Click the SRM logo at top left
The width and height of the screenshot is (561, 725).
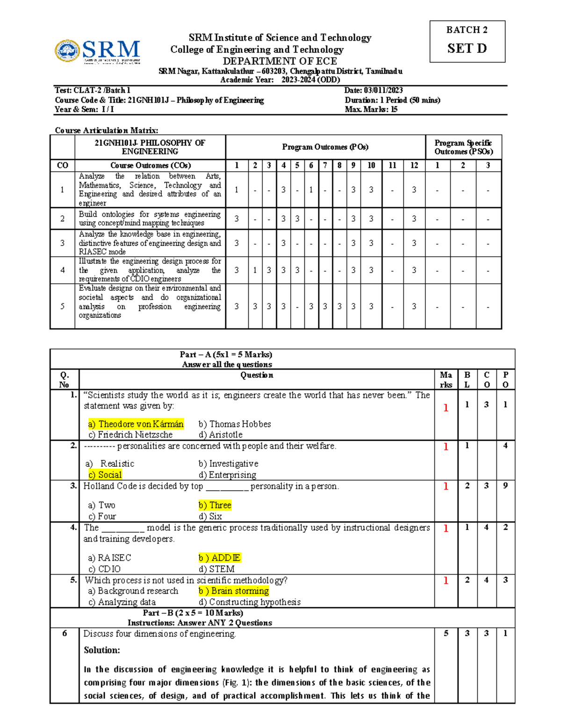click(x=97, y=51)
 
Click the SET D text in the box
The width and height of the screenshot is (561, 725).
click(x=467, y=49)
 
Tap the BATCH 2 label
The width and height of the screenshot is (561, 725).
click(x=467, y=30)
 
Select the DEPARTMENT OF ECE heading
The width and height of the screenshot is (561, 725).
click(x=280, y=61)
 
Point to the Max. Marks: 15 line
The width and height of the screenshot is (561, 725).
click(x=371, y=109)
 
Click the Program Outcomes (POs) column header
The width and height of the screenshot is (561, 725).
click(x=325, y=147)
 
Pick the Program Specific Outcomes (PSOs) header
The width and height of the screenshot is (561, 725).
click(x=463, y=147)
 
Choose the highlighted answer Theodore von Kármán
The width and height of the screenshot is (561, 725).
click(x=136, y=424)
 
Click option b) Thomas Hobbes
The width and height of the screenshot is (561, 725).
click(x=234, y=424)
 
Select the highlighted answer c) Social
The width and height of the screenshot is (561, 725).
click(x=105, y=475)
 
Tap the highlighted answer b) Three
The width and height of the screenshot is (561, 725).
click(x=215, y=505)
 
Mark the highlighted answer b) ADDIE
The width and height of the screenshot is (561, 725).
click(x=219, y=558)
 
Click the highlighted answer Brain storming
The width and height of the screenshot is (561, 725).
click(x=233, y=591)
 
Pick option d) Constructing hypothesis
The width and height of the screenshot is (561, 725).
click(x=249, y=602)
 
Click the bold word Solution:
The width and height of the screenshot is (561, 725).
click(x=102, y=650)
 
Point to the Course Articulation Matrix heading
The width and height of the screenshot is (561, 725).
click(x=106, y=130)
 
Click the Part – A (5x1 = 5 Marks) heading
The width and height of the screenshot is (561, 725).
click(x=226, y=354)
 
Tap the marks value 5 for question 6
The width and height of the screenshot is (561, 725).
click(x=446, y=633)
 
